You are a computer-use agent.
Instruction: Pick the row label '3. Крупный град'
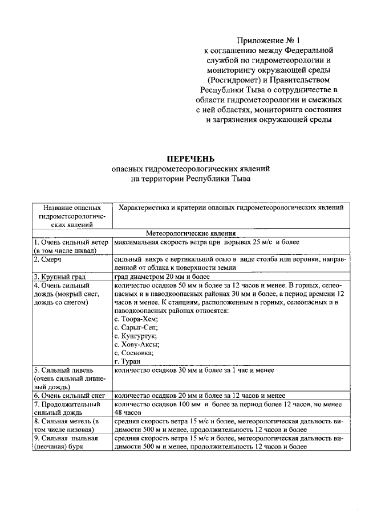[59, 277]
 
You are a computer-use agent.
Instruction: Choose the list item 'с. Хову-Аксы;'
[137, 344]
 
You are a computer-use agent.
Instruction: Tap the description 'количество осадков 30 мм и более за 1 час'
[194, 370]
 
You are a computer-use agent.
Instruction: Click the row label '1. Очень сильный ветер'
[71, 242]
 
